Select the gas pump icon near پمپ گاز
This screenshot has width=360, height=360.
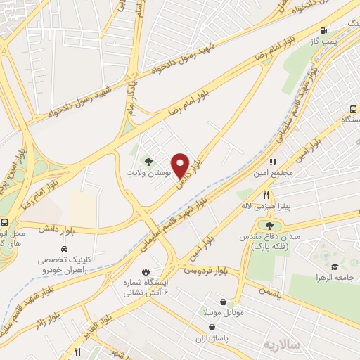(x=323, y=31)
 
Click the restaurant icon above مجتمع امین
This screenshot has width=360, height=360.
(x=272, y=162)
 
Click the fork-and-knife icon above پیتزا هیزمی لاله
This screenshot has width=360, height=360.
(x=266, y=195)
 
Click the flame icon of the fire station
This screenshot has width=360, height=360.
(x=146, y=271)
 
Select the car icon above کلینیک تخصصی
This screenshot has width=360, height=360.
(x=64, y=250)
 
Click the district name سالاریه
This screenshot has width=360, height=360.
(x=281, y=344)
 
